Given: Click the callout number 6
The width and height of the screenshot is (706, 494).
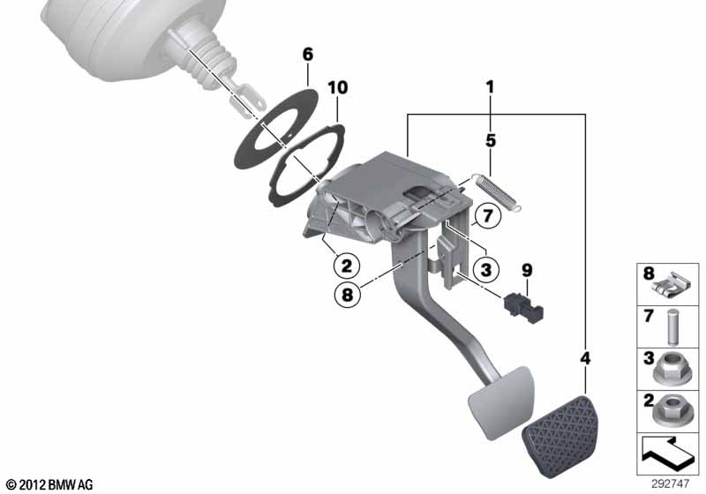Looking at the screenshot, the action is click(307, 55).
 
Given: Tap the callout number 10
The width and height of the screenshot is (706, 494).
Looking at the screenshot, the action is click(338, 87).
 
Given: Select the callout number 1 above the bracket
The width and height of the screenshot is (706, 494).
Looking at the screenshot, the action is click(491, 86).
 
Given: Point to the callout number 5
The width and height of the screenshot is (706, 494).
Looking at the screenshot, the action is click(491, 140).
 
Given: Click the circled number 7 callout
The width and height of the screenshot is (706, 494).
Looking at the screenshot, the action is click(488, 216).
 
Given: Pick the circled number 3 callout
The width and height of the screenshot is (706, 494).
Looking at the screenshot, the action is click(486, 270).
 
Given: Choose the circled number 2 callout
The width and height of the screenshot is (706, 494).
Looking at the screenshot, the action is click(346, 266).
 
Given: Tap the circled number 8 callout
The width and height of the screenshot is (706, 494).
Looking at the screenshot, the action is click(347, 296).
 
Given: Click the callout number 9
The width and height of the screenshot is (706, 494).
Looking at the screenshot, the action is click(527, 271).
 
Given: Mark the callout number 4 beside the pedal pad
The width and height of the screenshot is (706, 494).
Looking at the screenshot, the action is click(584, 358).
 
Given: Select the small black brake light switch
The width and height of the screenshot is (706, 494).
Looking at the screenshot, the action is click(523, 307).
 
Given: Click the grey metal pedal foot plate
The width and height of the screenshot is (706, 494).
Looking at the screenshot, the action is click(500, 402).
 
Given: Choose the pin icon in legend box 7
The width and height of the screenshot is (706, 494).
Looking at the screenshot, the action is click(672, 326).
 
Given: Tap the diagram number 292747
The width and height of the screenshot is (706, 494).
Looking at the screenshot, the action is click(670, 484).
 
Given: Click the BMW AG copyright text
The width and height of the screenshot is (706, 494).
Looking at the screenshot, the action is click(49, 485).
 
